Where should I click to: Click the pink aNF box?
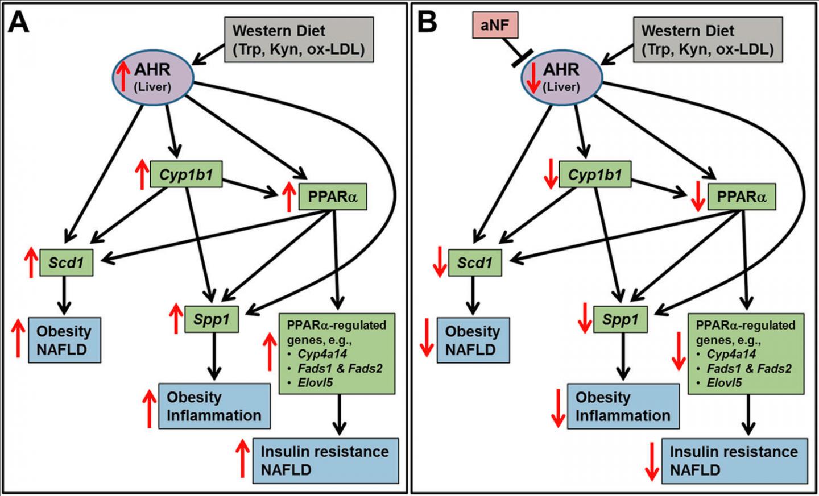click(494, 26)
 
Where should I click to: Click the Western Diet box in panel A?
click(299, 39)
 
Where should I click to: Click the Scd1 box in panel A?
click(66, 262)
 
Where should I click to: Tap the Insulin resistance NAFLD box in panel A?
click(325, 460)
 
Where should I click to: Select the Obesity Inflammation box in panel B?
click(623, 406)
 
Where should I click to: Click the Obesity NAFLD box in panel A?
click(64, 340)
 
